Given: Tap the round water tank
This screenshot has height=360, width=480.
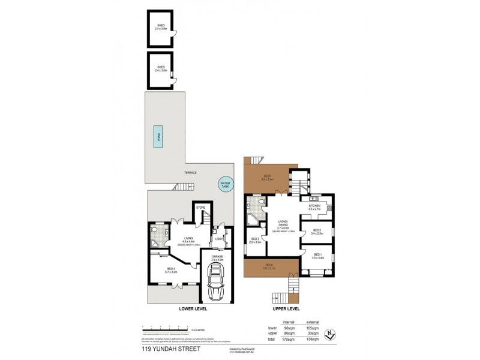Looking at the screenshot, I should pyautogui.click(x=225, y=185).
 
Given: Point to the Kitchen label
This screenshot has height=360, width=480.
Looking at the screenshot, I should pyautogui.click(x=314, y=206).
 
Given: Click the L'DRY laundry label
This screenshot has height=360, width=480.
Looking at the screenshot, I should pyautogui.click(x=220, y=239).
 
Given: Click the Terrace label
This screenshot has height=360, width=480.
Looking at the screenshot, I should pyautogui.click(x=190, y=173).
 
